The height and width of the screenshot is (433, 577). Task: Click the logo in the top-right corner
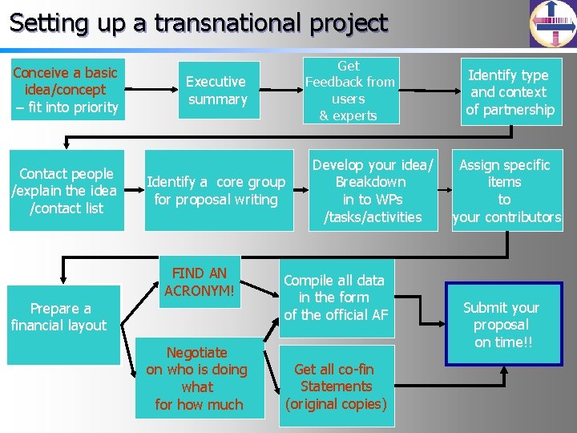(x=553, y=23)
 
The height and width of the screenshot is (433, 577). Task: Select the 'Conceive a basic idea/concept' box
(x=66, y=90)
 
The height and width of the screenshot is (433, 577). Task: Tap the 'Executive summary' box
(x=216, y=90)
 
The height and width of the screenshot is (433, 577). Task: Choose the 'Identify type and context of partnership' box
(x=510, y=92)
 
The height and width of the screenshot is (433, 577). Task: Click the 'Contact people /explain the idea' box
(x=67, y=191)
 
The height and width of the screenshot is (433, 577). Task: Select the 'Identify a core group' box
(x=216, y=191)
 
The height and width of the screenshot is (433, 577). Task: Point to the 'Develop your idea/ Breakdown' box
(x=372, y=191)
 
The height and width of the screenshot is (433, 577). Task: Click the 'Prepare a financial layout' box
(x=59, y=317)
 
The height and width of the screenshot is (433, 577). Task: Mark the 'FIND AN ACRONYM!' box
(x=200, y=281)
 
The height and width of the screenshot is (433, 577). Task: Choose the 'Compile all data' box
(x=335, y=297)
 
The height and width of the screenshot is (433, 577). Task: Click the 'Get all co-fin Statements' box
(x=335, y=386)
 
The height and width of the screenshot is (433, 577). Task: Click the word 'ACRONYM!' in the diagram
(x=200, y=290)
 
